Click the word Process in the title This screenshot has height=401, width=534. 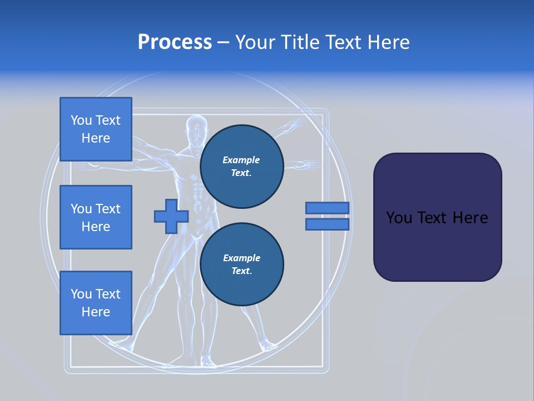pyautogui.click(x=175, y=42)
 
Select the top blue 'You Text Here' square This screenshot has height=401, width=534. pyautogui.click(x=96, y=129)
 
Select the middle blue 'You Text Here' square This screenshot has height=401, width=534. pyautogui.click(x=96, y=217)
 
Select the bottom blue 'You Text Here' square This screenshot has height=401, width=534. pyautogui.click(x=96, y=302)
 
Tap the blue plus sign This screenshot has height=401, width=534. pyautogui.click(x=171, y=216)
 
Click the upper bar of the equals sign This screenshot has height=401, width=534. pyautogui.click(x=327, y=208)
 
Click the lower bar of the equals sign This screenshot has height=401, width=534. pyautogui.click(x=327, y=224)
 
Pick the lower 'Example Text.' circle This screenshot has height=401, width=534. pyautogui.click(x=241, y=265)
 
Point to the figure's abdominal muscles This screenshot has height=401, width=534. pyautogui.click(x=196, y=192)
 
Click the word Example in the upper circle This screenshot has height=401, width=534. pyautogui.click(x=241, y=160)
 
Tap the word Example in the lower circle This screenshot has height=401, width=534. pyautogui.click(x=241, y=258)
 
